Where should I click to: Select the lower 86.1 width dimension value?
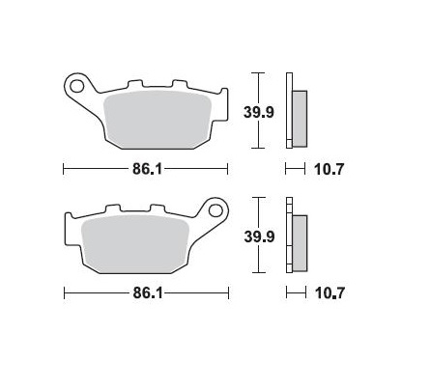(145, 291)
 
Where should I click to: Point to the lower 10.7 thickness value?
(330, 291)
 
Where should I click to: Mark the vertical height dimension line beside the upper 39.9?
(256, 110)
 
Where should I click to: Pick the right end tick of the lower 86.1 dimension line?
(228, 291)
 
